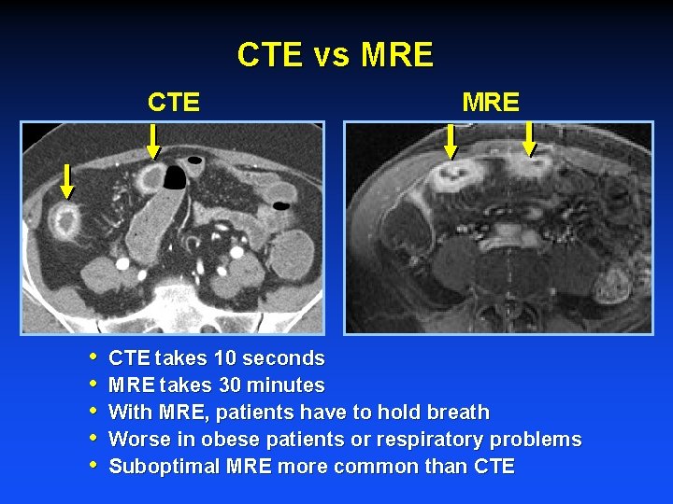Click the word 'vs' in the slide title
tap(331, 56)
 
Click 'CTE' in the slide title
tap(270, 55)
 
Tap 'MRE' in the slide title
tap(397, 55)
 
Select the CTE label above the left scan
tap(174, 102)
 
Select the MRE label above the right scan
tap(491, 102)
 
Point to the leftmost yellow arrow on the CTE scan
tap(67, 180)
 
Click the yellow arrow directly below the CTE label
tap(153, 141)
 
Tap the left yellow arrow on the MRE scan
tap(450, 141)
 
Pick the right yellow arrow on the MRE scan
tap(529, 138)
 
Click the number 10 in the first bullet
tap(225, 358)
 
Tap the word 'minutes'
tap(285, 385)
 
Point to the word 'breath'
tap(458, 413)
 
